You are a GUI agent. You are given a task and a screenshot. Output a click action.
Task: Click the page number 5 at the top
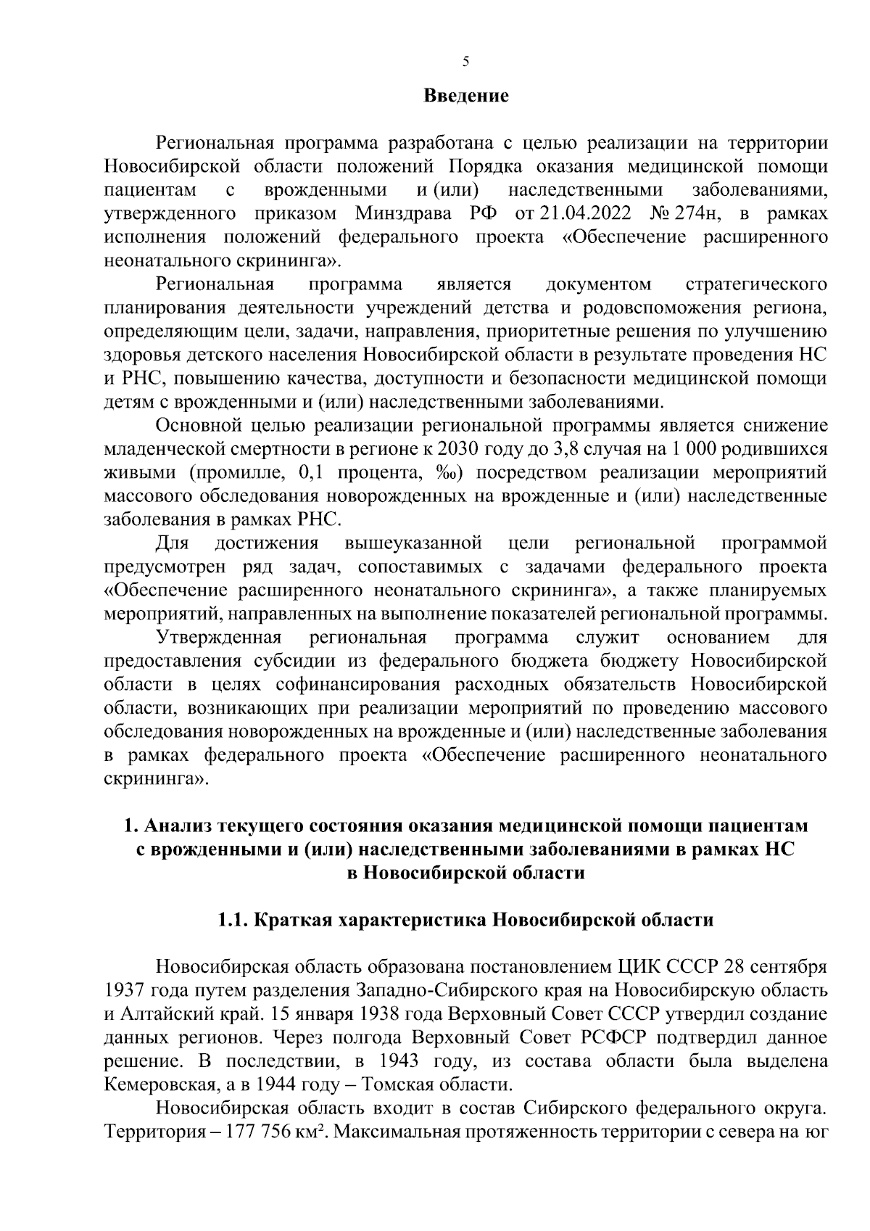point(465,62)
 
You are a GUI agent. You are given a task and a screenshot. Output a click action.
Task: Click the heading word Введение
point(465,96)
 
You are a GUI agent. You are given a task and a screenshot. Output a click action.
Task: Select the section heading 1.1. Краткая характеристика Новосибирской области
point(465,921)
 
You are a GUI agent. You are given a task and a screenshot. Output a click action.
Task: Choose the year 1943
point(399,1061)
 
